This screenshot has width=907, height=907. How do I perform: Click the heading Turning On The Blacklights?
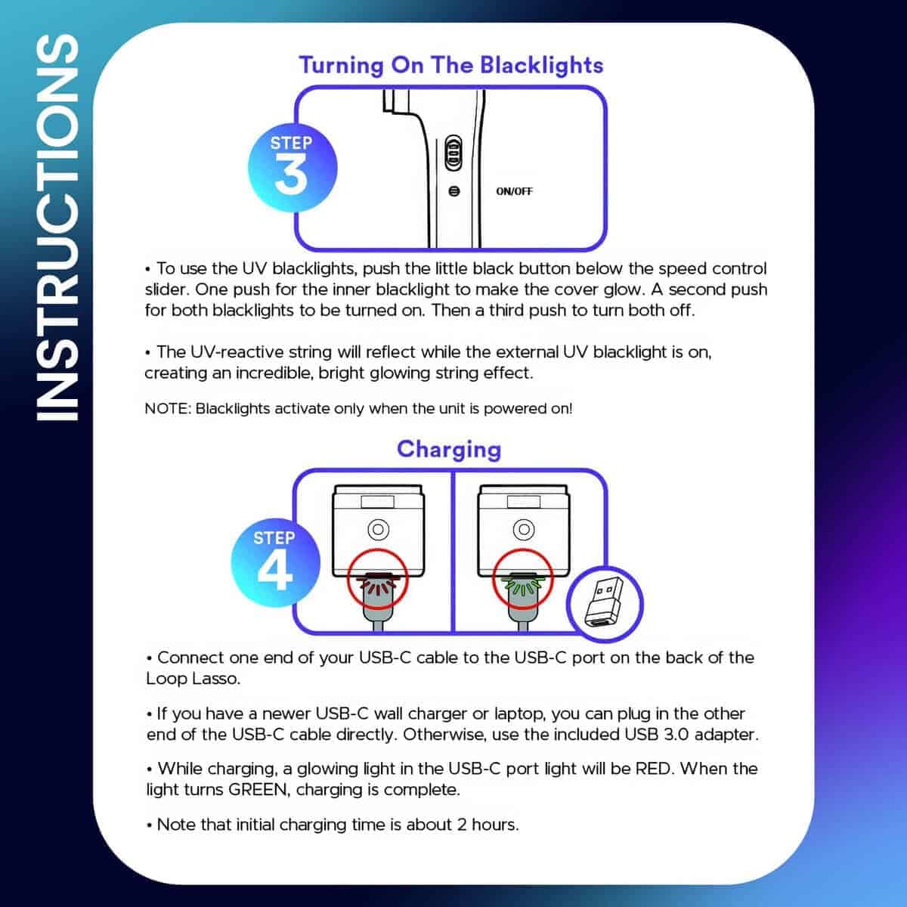click(x=451, y=65)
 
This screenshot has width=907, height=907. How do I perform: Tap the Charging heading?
click(x=449, y=449)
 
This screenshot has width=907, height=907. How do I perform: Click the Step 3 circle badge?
click(x=291, y=167)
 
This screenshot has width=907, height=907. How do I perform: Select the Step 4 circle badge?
click(x=274, y=563)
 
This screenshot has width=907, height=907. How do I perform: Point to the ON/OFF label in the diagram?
click(x=514, y=191)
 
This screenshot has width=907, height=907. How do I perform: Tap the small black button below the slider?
click(x=453, y=191)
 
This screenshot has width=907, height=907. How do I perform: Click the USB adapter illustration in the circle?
click(x=604, y=605)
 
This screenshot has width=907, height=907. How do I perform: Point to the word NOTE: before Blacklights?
click(x=168, y=409)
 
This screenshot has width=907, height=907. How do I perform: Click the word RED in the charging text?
click(x=655, y=769)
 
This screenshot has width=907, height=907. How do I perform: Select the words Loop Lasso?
click(x=193, y=679)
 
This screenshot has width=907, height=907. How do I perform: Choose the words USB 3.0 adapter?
click(x=691, y=734)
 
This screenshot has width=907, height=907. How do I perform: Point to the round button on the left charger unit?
click(x=377, y=528)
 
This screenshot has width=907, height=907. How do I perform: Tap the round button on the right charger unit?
click(x=523, y=528)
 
